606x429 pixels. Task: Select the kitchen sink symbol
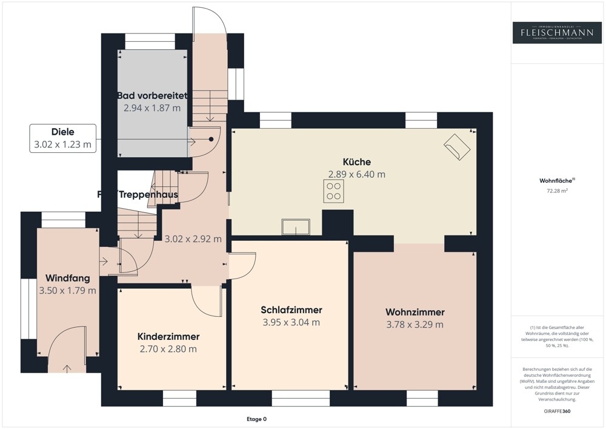coord(295,227)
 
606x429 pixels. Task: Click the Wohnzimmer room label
coord(415,312)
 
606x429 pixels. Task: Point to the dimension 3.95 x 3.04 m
coord(291,322)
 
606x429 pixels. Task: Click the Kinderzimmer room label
coord(168,336)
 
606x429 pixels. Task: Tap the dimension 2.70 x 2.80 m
coord(168,349)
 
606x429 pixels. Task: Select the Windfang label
coord(67,279)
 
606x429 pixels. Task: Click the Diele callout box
coord(63,138)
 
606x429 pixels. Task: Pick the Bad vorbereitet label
coord(152,96)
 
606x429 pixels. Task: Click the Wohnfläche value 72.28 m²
coord(558,191)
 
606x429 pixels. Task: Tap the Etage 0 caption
coord(256,419)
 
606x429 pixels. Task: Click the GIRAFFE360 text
coord(558,411)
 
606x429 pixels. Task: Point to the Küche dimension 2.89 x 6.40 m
coord(356,174)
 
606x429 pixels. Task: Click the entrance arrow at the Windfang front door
coord(65,367)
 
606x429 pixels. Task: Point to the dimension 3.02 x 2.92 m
coord(193,239)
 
